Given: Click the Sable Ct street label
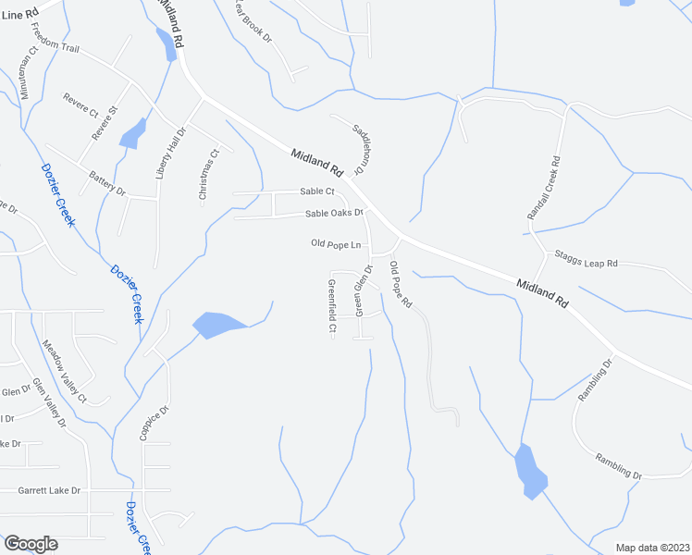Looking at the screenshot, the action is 316,191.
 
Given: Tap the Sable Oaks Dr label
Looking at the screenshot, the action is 334,214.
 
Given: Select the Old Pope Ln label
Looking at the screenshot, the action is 335,244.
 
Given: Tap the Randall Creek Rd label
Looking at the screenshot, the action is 544,188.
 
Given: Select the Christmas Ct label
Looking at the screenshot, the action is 208,175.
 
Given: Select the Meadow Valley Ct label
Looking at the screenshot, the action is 64,371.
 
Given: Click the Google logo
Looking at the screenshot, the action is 31,544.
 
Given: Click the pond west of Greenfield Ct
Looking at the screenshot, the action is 216,325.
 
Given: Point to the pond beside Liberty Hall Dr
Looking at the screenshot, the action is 132,133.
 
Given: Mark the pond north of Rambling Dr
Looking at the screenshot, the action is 530,471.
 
